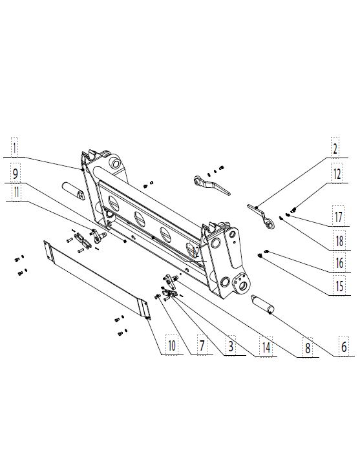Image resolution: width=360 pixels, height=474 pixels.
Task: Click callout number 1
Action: [x=14, y=148]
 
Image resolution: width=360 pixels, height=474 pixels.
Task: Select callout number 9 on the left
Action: [x=15, y=174]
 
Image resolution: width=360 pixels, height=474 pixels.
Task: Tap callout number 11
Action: [x=16, y=192]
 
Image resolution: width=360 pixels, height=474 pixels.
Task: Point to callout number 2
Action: [x=335, y=149]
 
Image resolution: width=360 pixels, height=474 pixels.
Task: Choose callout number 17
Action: [x=338, y=217]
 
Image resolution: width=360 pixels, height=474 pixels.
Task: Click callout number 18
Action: [x=339, y=241]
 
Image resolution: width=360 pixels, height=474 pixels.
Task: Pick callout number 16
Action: [x=340, y=263]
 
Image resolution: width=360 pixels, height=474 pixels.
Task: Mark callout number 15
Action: [x=340, y=285]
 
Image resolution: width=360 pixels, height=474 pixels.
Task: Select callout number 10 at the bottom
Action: [x=172, y=345]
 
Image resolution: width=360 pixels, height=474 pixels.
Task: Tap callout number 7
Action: [x=202, y=345]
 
